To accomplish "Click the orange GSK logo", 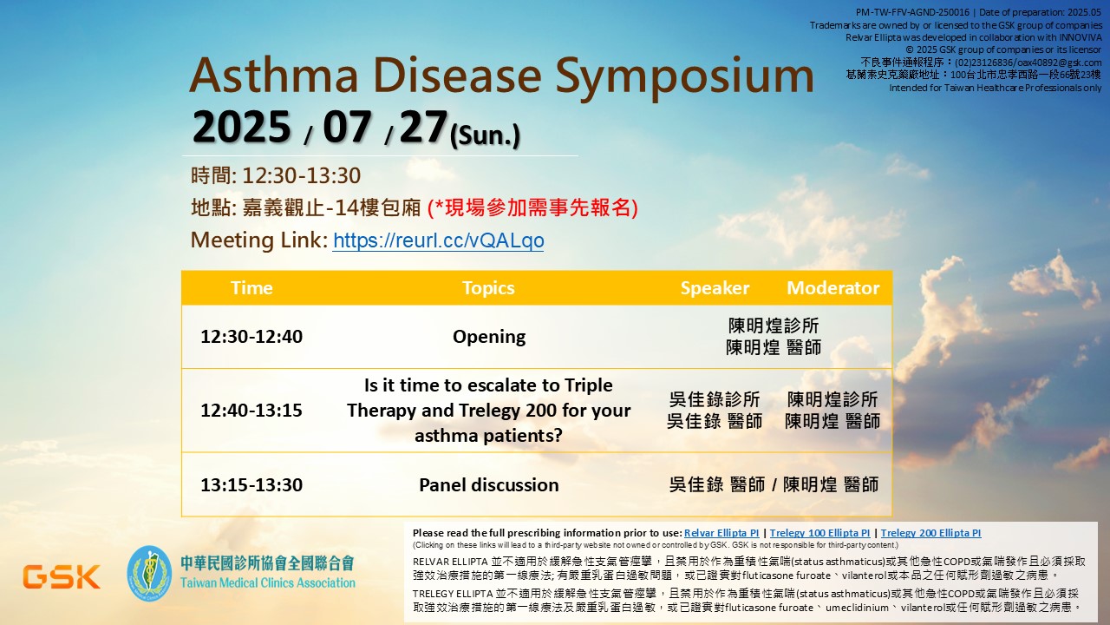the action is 62,576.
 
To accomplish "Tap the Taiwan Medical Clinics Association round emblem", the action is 149,573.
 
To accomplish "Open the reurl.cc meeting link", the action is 438,240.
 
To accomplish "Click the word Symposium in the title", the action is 685,76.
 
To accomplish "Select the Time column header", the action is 251,287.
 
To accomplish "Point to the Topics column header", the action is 488,287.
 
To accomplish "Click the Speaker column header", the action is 715,287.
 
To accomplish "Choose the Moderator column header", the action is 833,287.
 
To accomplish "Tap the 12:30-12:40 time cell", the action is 251,336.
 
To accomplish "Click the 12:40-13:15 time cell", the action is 251,411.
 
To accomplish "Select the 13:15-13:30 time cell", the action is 251,484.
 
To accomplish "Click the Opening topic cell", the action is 489,337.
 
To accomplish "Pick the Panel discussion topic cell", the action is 489,484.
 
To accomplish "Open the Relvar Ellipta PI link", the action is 721,533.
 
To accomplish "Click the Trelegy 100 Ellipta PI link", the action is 819,533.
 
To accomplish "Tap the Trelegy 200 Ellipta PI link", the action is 930,533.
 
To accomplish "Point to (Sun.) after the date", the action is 485,135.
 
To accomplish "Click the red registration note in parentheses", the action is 532,207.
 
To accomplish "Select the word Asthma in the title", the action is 273,75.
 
